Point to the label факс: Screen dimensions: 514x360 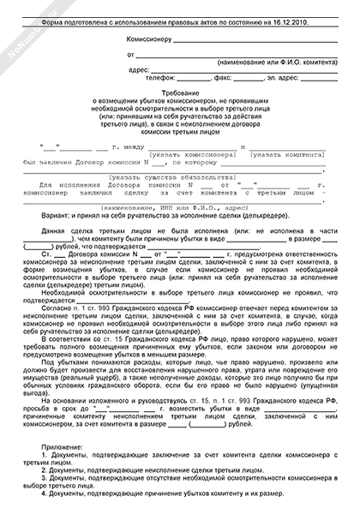(x=224, y=78)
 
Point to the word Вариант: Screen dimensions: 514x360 (x=54, y=217)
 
